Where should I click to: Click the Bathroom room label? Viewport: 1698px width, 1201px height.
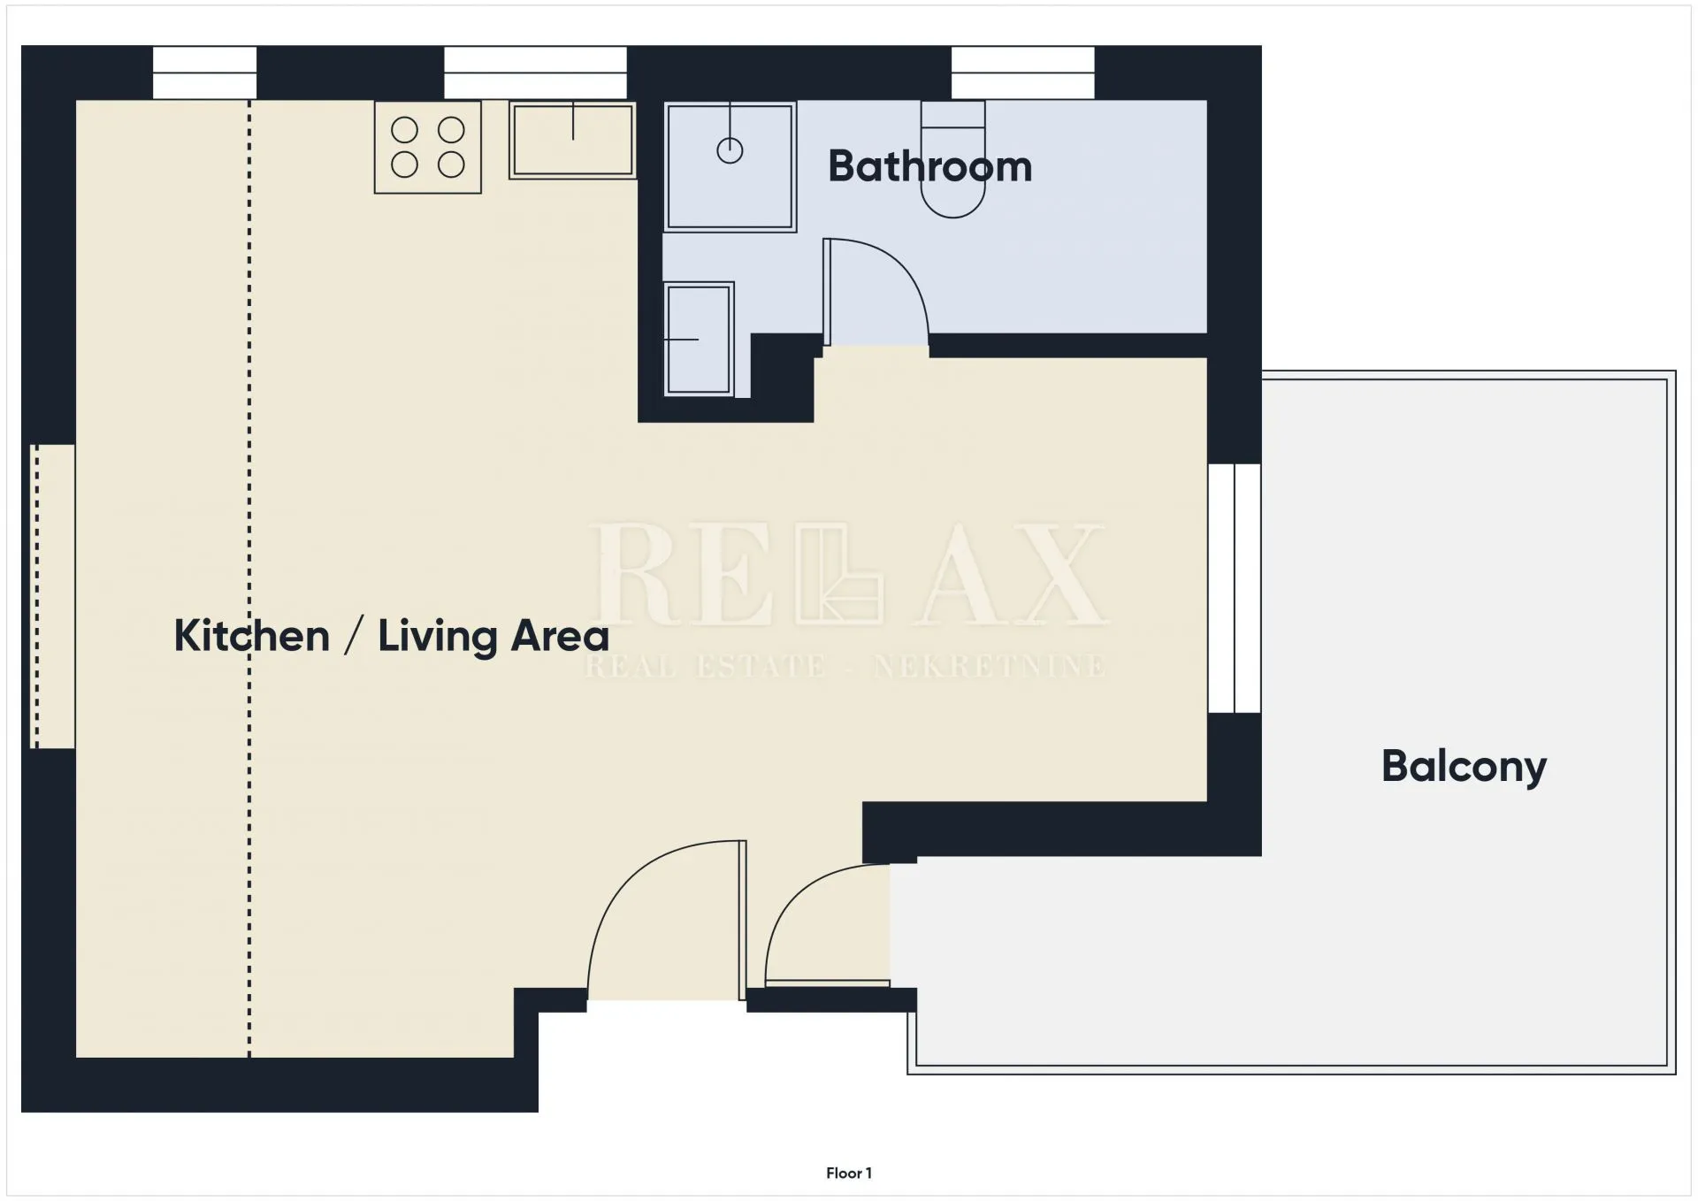coord(929,166)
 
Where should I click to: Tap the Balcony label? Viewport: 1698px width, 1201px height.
coord(1464,766)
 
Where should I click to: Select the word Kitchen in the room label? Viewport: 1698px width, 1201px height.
coord(252,636)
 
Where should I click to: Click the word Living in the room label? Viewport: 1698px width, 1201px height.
coord(438,637)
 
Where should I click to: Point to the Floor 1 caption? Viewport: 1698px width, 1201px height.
coord(849,1173)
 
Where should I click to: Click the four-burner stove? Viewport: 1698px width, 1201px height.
coord(428,147)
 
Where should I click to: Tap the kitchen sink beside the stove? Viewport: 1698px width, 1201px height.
coord(572,140)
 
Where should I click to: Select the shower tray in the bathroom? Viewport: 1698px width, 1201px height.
coord(730,167)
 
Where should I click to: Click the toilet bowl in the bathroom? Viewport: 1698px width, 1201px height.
coord(952,159)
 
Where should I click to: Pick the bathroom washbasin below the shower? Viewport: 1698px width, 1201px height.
coord(699,339)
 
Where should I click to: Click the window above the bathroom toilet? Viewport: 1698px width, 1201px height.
coord(1022,73)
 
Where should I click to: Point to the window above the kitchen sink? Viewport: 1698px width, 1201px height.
coord(535,73)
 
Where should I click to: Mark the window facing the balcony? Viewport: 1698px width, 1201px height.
coord(1235,588)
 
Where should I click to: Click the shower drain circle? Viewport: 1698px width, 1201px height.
coord(730,150)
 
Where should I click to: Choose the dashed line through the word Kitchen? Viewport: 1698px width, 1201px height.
coord(249,579)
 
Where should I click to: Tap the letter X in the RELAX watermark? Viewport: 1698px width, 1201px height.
coord(1054,574)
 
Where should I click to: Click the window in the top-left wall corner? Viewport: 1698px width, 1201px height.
coord(204,73)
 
